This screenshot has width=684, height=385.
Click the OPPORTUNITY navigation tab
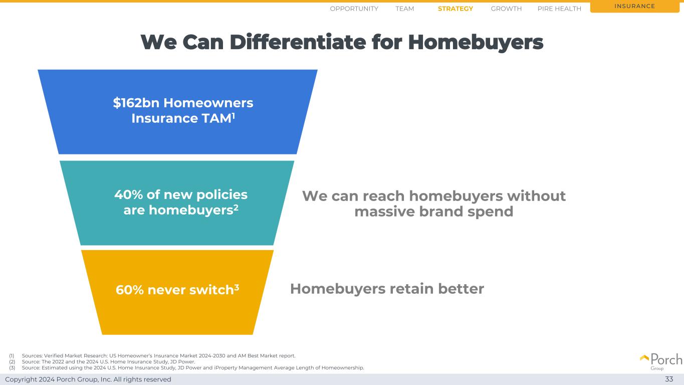[354, 9]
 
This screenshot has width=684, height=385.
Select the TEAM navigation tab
[404, 9]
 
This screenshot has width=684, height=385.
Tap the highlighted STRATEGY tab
[455, 9]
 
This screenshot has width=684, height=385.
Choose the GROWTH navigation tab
[506, 9]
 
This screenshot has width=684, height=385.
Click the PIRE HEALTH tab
[559, 9]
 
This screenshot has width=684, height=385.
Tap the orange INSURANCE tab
[634, 7]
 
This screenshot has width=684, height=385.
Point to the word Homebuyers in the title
[476, 43]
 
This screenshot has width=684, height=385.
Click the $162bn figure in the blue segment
[136, 103]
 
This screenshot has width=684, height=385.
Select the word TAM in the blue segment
[216, 118]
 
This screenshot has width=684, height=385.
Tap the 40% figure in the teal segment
[129, 195]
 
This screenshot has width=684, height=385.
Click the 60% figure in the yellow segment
[130, 290]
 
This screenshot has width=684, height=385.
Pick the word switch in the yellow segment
[211, 290]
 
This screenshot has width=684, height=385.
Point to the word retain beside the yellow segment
[411, 289]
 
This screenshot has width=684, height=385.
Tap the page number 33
[669, 379]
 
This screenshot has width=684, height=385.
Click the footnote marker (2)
[12, 362]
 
